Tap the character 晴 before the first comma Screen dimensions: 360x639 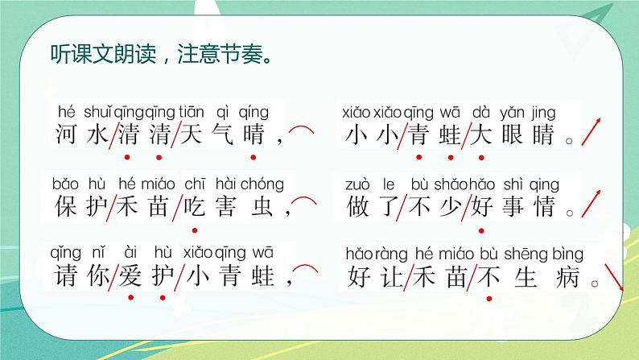tap(252, 134)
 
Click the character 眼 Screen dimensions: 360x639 tap(513, 134)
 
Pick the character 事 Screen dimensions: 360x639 tap(513, 207)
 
